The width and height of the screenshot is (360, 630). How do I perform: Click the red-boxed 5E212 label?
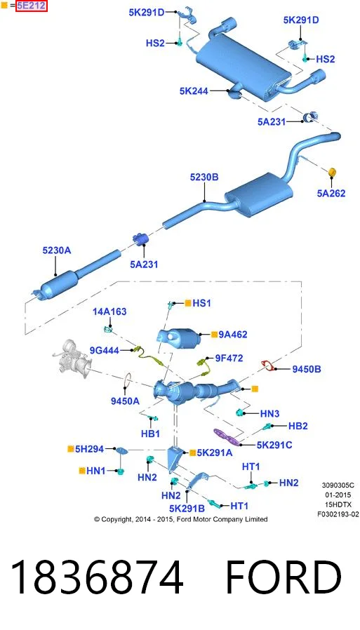(x=32, y=6)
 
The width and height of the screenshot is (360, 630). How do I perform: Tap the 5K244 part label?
(x=194, y=91)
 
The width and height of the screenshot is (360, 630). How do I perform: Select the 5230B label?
(x=204, y=177)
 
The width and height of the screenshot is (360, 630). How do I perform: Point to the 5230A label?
(x=56, y=250)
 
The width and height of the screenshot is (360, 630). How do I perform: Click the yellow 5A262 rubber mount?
(x=333, y=172)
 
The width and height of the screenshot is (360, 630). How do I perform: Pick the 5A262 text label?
(x=331, y=193)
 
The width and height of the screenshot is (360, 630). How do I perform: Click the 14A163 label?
(x=109, y=311)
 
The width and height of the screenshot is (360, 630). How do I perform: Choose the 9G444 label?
(x=105, y=351)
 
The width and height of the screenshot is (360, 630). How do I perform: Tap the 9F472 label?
(x=229, y=358)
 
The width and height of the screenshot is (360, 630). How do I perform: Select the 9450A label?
(x=125, y=401)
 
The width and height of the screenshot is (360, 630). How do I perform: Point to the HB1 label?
(x=151, y=434)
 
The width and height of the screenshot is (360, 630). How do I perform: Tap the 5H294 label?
(x=89, y=449)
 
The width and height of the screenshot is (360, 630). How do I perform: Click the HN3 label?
(x=269, y=413)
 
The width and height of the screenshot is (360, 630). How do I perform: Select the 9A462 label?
(x=233, y=334)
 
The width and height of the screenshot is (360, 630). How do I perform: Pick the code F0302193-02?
(x=338, y=513)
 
